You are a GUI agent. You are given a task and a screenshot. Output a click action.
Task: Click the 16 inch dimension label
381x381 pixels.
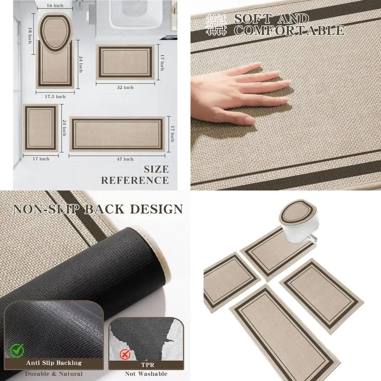(x=55, y=6)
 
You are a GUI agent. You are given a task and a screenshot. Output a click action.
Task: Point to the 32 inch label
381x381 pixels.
(x=125, y=88)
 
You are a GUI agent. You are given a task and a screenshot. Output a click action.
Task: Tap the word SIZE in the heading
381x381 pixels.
(x=156, y=169)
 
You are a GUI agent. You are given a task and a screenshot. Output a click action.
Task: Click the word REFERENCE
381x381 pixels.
(x=135, y=180)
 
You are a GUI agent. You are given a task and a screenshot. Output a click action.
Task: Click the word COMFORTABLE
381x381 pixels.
(x=289, y=30)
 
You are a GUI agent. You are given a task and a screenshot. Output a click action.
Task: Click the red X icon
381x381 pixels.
(x=123, y=355)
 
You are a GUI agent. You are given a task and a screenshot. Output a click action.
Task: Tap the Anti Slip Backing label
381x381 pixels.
(x=53, y=363)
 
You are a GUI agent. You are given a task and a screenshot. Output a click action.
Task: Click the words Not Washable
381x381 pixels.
(x=146, y=374)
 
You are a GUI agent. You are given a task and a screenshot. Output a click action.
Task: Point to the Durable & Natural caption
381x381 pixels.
(x=53, y=374)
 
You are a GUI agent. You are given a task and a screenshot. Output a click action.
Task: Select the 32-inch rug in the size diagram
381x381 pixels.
(x=125, y=62)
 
